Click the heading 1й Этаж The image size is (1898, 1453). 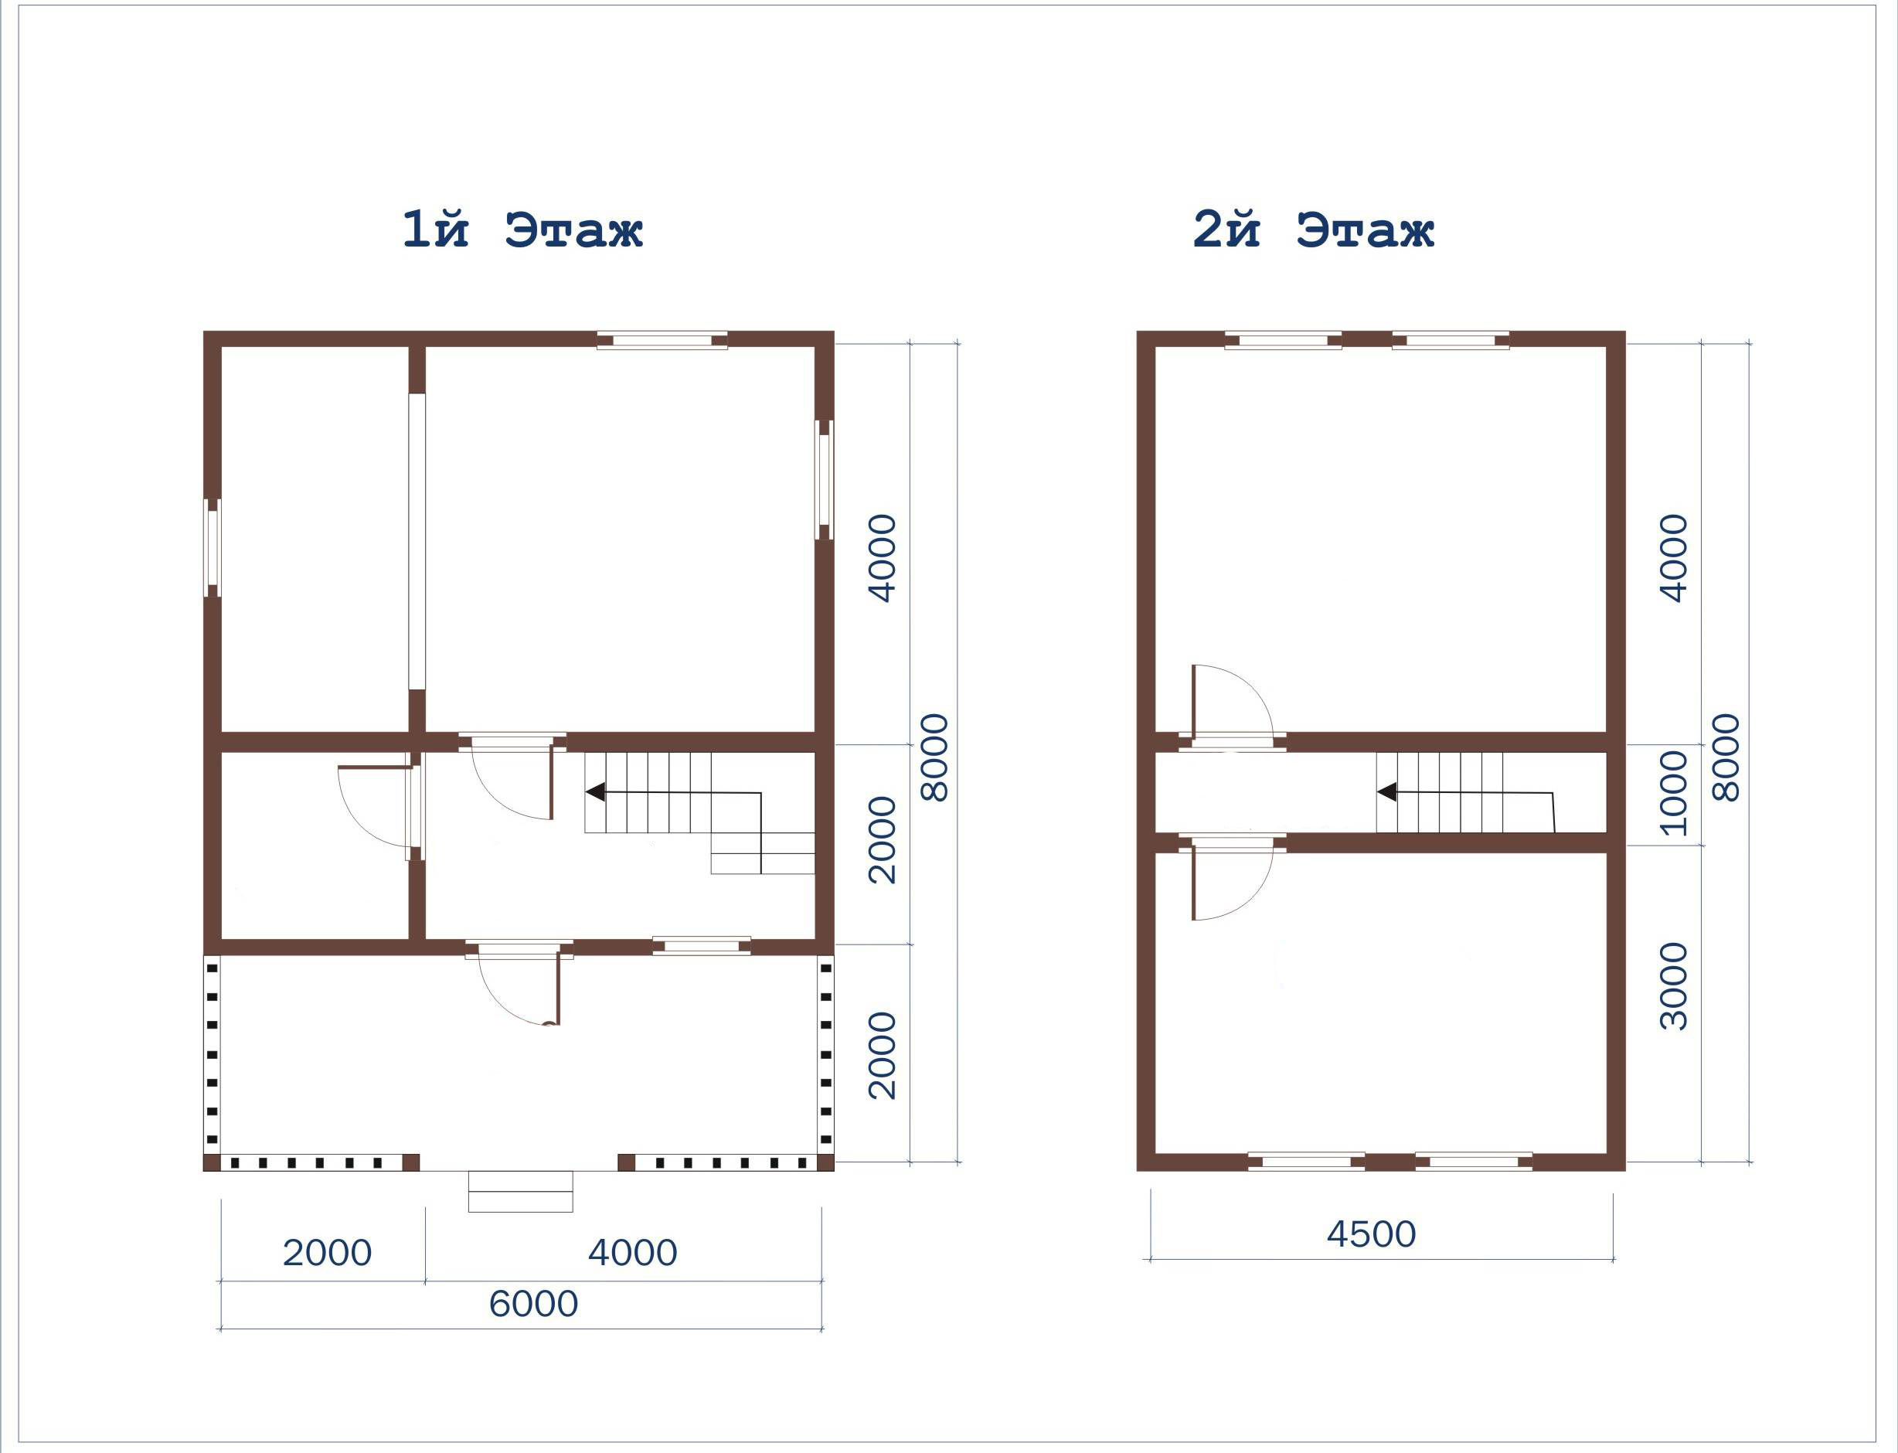522,230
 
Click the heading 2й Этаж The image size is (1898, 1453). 1314,230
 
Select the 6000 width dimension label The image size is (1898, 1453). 533,1303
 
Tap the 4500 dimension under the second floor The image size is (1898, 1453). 1372,1234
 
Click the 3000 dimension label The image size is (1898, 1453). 1675,986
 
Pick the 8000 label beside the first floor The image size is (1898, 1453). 935,757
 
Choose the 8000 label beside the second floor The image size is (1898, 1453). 1726,757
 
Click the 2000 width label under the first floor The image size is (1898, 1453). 327,1252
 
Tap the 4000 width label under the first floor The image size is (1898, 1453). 633,1252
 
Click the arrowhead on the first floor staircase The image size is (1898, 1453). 594,791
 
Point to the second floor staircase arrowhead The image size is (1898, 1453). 1386,791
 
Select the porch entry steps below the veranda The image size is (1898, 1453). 521,1191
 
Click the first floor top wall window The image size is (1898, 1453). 662,340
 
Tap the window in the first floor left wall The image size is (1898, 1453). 213,547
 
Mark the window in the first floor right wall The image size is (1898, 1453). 825,480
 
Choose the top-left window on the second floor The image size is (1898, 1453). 1283,340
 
